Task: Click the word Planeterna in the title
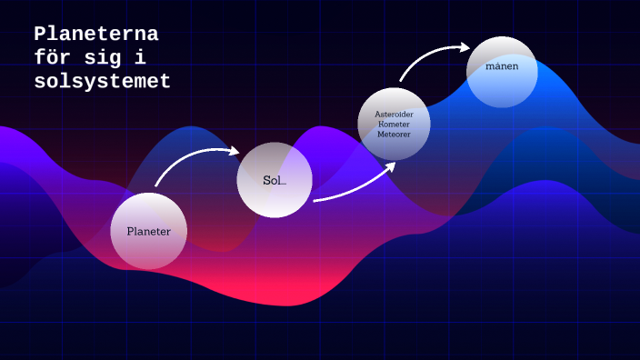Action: tap(96, 35)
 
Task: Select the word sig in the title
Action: tap(101, 58)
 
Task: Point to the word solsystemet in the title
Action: tap(102, 82)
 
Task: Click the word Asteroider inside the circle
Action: tap(394, 114)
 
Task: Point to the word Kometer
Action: tap(394, 124)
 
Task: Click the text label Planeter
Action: tap(148, 232)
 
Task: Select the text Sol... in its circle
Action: tap(275, 180)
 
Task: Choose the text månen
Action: tap(502, 67)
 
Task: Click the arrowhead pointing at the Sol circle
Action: tap(233, 153)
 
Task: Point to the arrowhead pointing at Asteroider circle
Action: tap(390, 166)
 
